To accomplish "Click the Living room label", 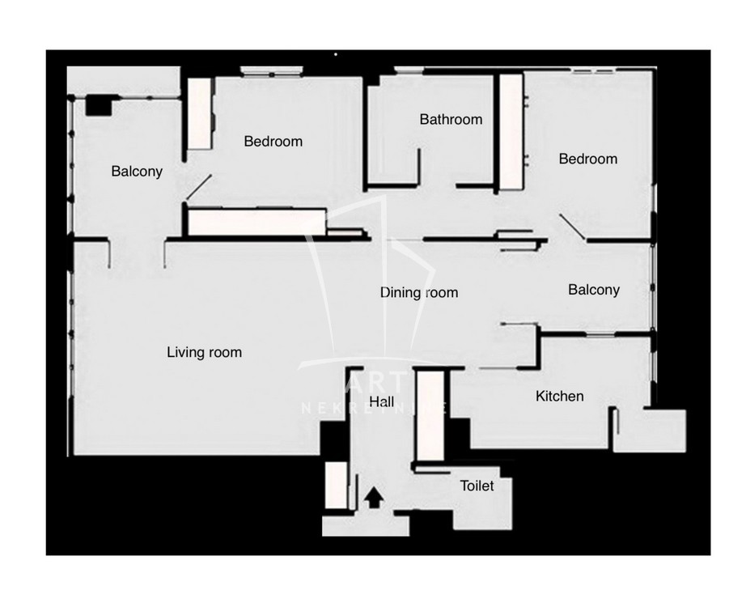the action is [204, 352].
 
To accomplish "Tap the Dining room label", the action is [418, 292].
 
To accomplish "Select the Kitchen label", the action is [560, 396].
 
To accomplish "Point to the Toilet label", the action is [477, 486].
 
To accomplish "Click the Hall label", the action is [382, 401].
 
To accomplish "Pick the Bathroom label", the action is [451, 119].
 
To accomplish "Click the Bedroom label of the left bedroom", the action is [273, 142].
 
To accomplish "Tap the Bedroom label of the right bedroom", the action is [588, 159].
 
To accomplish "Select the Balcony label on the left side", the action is [137, 172].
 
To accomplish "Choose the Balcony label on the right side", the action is [594, 290].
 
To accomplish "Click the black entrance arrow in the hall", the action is [374, 498].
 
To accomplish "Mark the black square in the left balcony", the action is [99, 106].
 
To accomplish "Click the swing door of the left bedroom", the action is [199, 187].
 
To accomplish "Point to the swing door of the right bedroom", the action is [572, 227].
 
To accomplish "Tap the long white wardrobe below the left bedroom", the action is [257, 222].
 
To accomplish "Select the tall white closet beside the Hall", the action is [430, 416].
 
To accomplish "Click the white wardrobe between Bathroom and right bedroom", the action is [511, 132].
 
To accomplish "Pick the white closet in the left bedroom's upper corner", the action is [199, 114].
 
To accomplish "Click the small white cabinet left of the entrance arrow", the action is [337, 485].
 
